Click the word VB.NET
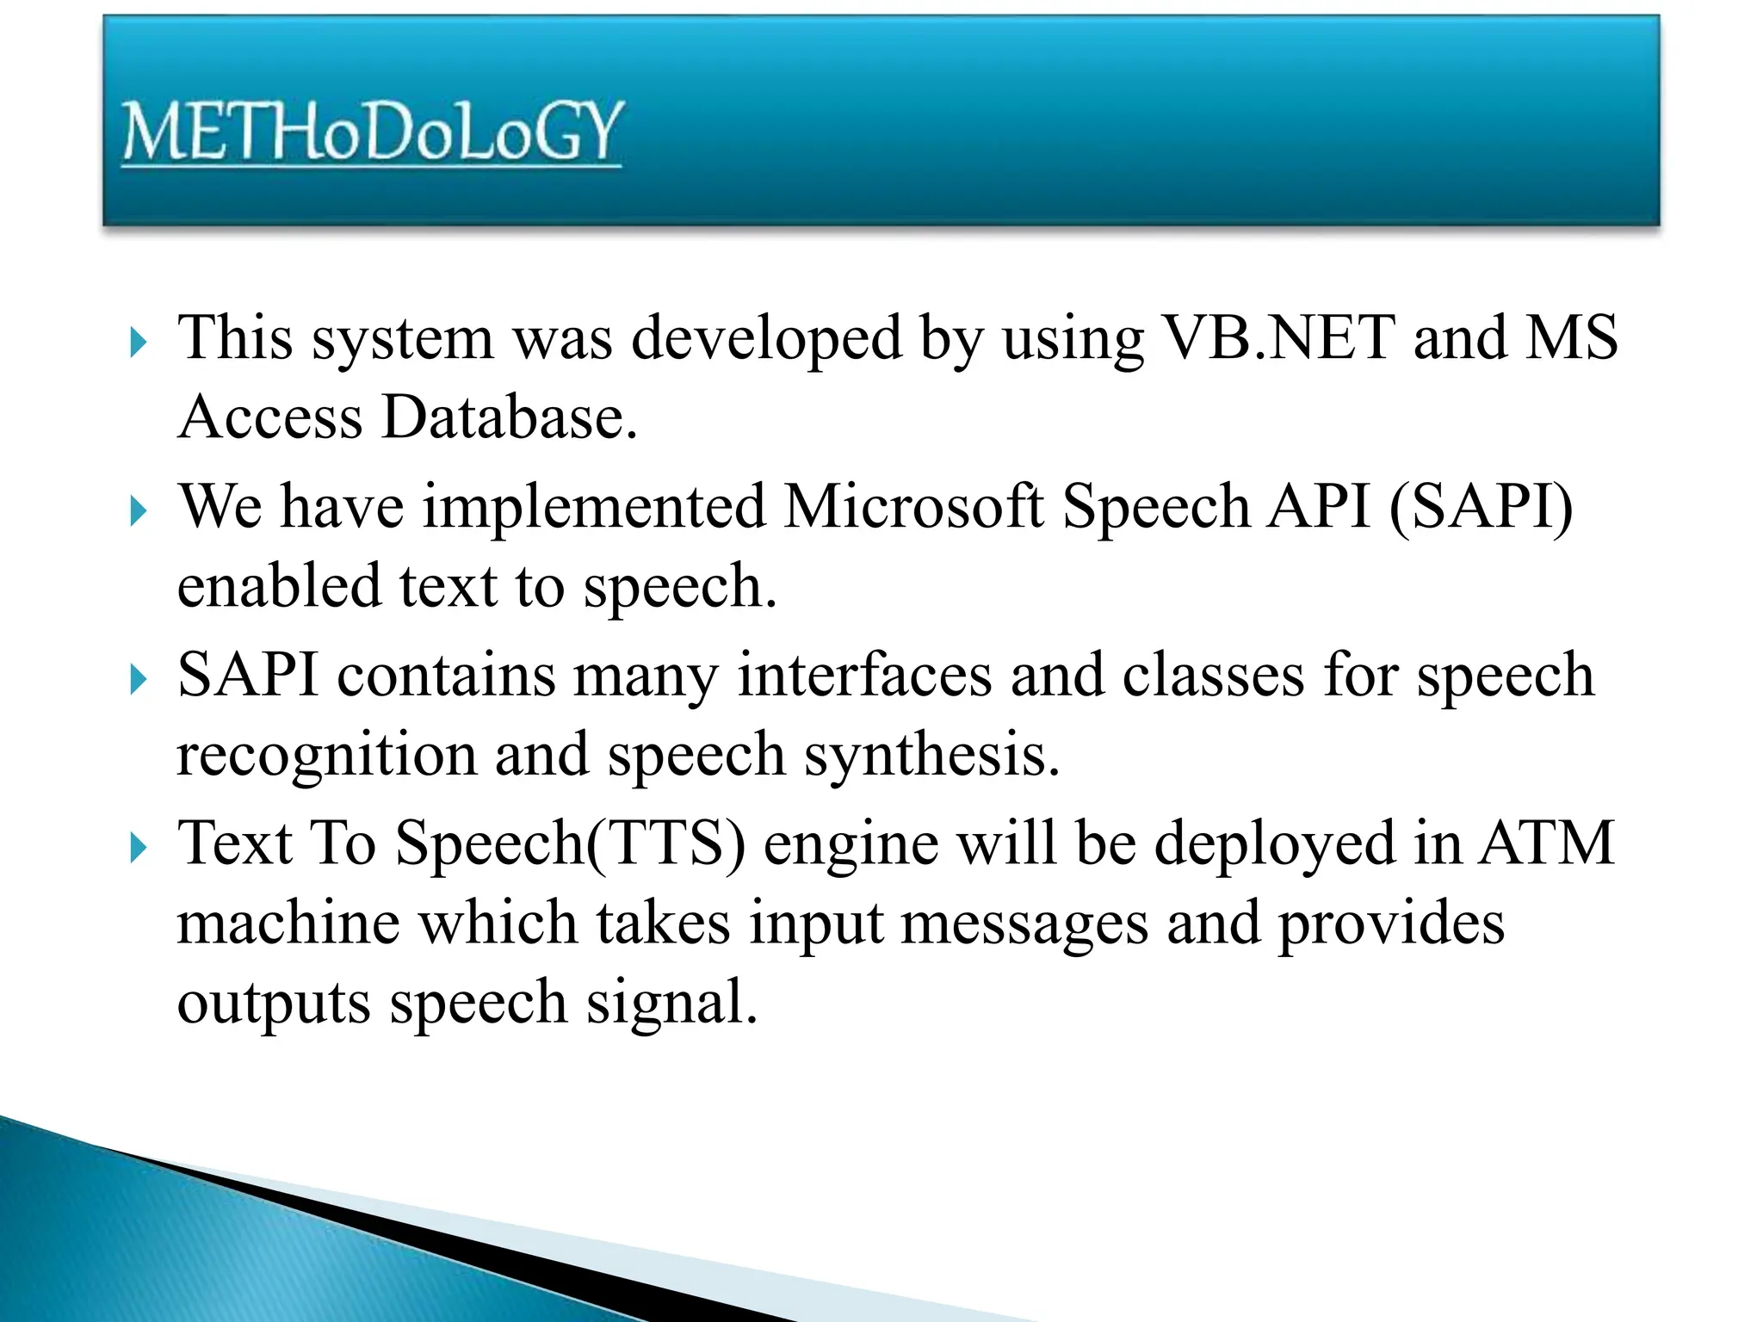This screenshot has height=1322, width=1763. pyautogui.click(x=1278, y=337)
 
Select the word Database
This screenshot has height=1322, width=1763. pyautogui.click(x=509, y=417)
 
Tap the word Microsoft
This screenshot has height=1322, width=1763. pyautogui.click(x=913, y=506)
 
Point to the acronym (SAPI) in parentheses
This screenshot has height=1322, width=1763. pyautogui.click(x=1480, y=506)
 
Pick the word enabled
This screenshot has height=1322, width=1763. pyautogui.click(x=278, y=586)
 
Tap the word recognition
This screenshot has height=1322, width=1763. pyautogui.click(x=326, y=755)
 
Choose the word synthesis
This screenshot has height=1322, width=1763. pyautogui.click(x=931, y=755)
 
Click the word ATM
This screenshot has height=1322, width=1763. pyautogui.click(x=1546, y=843)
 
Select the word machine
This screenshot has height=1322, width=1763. pyautogui.click(x=288, y=924)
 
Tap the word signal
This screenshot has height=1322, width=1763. pyautogui.click(x=671, y=1004)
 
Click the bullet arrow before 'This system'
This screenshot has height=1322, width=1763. pyautogui.click(x=138, y=343)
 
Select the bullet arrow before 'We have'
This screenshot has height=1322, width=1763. pyautogui.click(x=138, y=512)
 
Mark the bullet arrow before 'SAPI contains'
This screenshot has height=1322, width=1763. pyautogui.click(x=138, y=681)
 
